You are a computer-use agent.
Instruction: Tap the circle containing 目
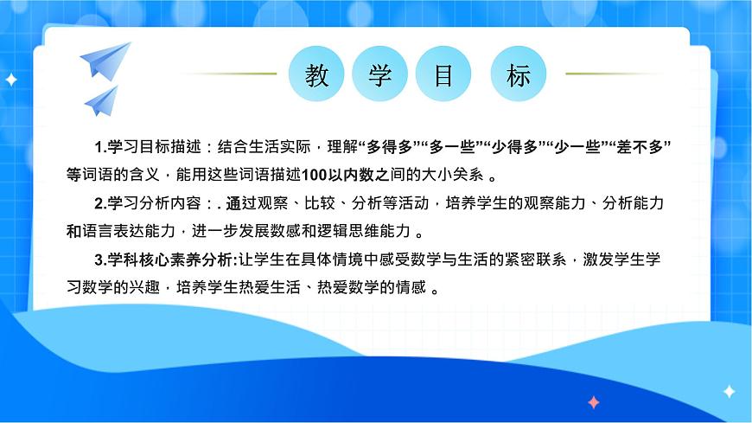click(x=443, y=74)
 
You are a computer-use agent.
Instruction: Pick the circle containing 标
click(x=519, y=74)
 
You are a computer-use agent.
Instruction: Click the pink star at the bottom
click(x=593, y=402)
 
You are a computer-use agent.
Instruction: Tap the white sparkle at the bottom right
click(x=729, y=392)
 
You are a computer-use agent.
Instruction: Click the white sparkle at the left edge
click(x=11, y=80)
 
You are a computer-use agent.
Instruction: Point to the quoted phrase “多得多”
click(x=389, y=144)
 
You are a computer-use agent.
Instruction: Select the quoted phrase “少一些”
click(x=579, y=144)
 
